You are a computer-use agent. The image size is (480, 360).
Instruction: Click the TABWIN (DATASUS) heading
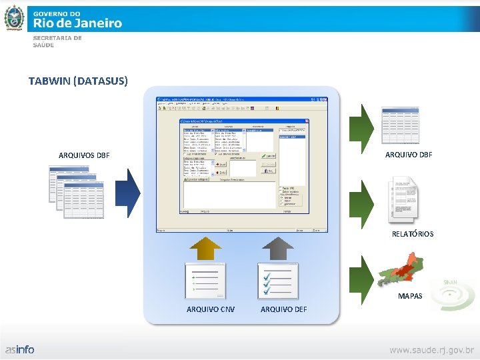[78, 81]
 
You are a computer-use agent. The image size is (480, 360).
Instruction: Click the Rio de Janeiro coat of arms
[14, 18]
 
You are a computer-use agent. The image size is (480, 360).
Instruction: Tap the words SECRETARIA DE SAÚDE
[57, 41]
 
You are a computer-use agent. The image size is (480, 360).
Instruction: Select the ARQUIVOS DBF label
[84, 155]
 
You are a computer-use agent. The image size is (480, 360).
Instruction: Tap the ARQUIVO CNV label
[211, 309]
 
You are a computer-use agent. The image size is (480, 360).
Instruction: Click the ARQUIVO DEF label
[284, 309]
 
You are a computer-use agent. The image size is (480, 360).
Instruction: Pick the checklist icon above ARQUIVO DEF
[278, 281]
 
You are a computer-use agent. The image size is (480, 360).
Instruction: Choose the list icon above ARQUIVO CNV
[205, 281]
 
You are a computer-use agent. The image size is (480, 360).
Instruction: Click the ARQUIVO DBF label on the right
[409, 155]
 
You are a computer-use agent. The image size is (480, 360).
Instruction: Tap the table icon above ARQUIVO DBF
[401, 125]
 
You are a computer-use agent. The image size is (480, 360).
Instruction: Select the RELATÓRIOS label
[413, 234]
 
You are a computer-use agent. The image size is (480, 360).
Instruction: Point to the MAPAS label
[410, 295]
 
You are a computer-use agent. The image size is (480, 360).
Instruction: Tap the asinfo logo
[20, 349]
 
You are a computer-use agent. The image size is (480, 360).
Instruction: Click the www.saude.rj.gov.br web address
[432, 349]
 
